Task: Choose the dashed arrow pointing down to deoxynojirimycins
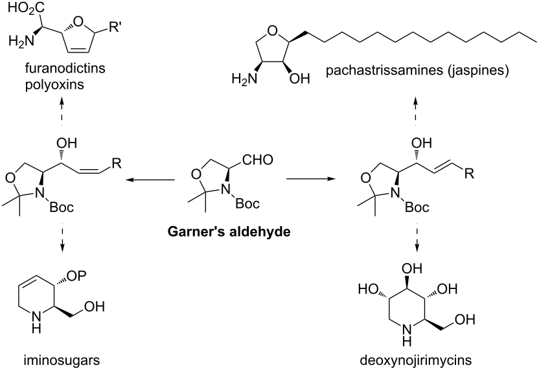coord(417,240)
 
